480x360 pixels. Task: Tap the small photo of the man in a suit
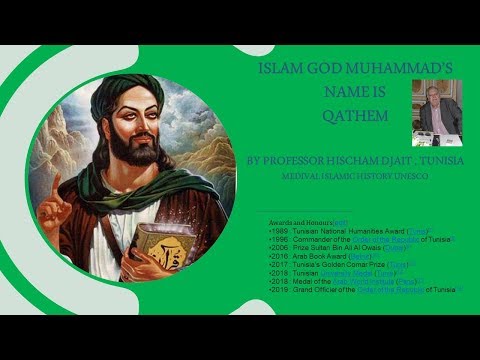[x=436, y=112]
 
